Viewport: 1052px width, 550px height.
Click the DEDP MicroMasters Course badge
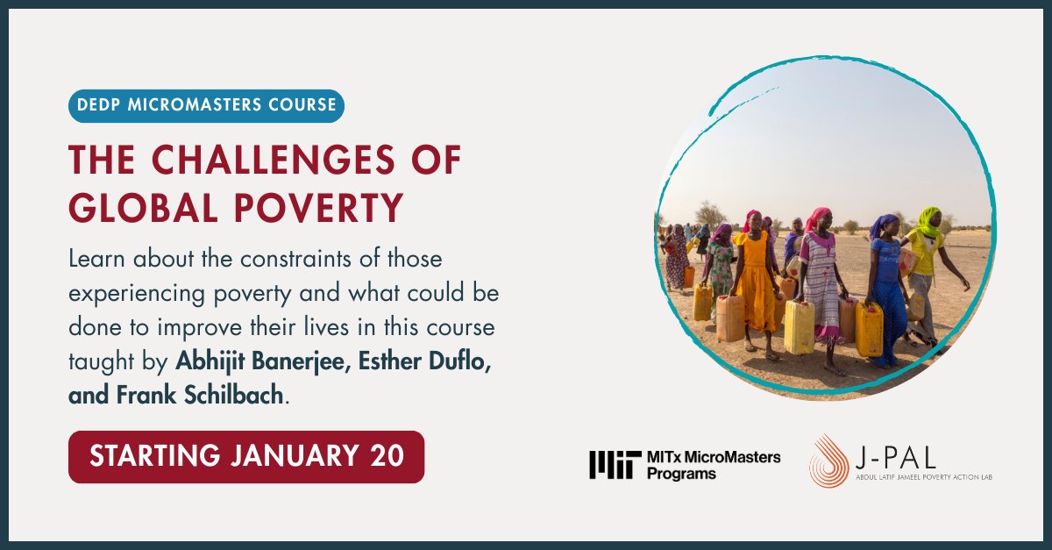tap(206, 105)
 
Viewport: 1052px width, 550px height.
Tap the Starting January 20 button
tap(246, 456)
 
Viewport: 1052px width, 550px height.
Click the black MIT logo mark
tap(610, 464)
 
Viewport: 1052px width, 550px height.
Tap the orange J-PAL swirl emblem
tap(827, 461)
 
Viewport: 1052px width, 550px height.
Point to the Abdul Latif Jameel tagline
tap(924, 477)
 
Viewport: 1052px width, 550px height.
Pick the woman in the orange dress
tap(755, 281)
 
